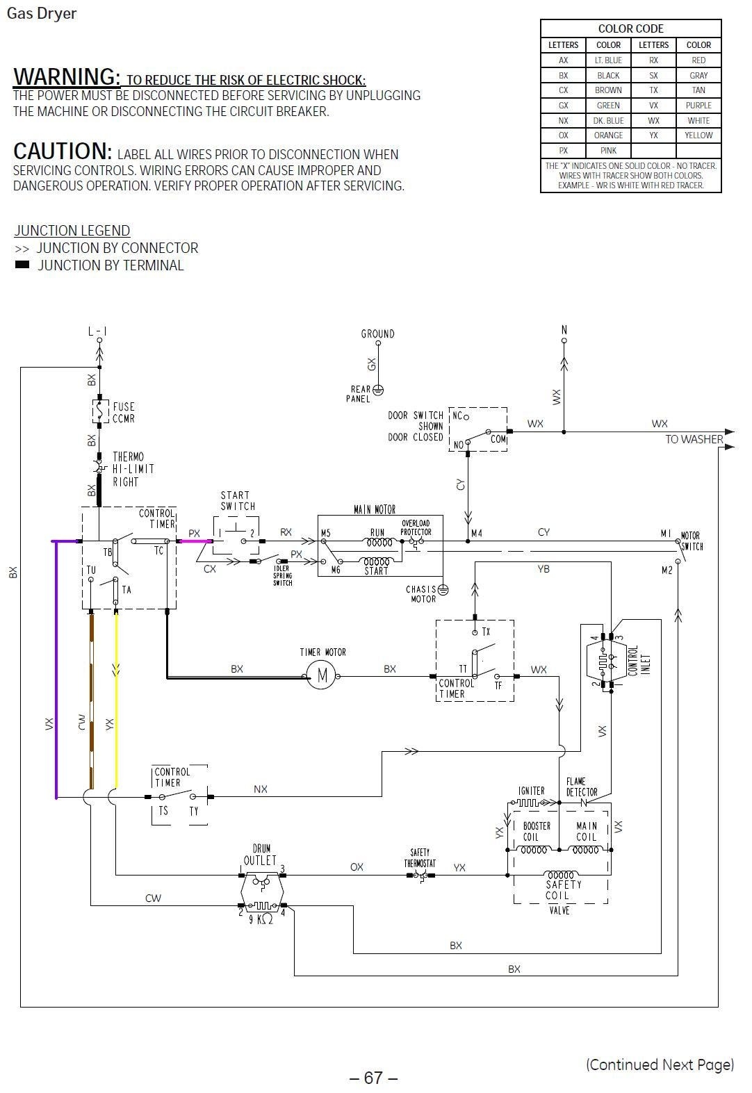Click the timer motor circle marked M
click(321, 674)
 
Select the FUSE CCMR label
click(124, 413)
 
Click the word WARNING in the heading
click(67, 76)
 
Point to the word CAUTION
click(62, 151)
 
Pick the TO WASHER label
click(693, 439)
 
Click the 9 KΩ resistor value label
click(261, 919)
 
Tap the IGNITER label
click(531, 791)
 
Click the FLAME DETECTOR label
click(581, 787)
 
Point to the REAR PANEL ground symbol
click(378, 390)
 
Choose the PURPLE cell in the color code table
click(698, 105)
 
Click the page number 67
click(373, 1077)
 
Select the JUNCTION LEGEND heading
click(72, 231)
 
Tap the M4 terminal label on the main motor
click(476, 533)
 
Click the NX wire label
click(260, 789)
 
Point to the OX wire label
click(357, 866)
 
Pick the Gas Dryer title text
click(41, 13)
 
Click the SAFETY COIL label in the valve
click(563, 890)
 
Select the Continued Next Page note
click(659, 1065)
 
